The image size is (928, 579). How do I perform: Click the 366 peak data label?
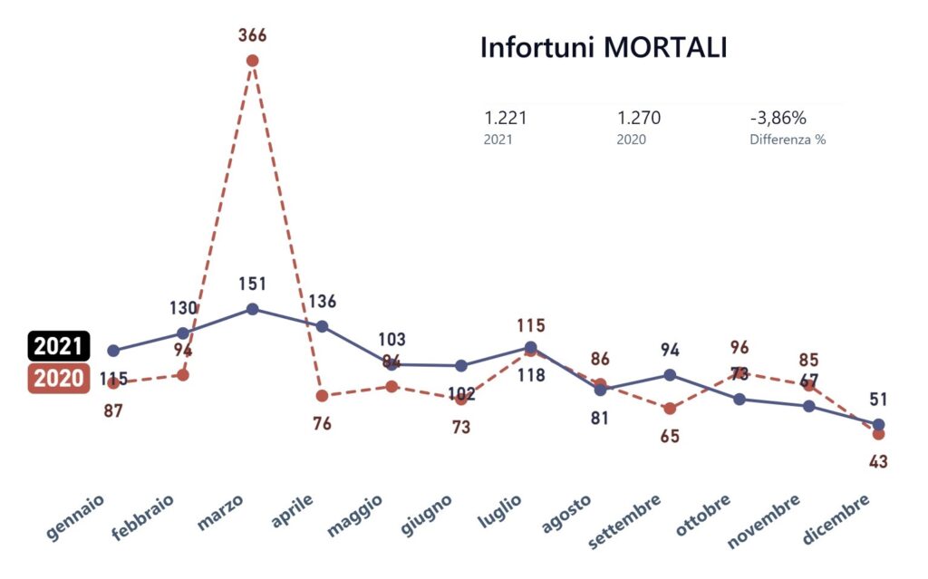(253, 36)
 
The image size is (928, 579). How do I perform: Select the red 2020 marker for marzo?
(253, 61)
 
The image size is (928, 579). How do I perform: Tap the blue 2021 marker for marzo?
(253, 309)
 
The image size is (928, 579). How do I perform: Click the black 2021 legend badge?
(59, 345)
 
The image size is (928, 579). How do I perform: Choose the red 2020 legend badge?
(59, 378)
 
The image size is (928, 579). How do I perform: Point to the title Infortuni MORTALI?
(603, 48)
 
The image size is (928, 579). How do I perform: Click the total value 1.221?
(506, 118)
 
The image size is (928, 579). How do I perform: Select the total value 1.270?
(639, 118)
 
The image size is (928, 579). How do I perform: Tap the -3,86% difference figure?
(778, 118)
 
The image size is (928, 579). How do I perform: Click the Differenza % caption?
(788, 140)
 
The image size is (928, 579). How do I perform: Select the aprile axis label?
(294, 513)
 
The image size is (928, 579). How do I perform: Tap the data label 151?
(253, 284)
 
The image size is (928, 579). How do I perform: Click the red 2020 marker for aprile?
(322, 396)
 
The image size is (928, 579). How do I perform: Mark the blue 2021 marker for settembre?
(670, 374)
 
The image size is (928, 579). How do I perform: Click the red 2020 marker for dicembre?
(878, 434)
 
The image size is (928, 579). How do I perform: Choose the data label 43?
(878, 461)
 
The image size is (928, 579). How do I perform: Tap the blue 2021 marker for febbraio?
(183, 333)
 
